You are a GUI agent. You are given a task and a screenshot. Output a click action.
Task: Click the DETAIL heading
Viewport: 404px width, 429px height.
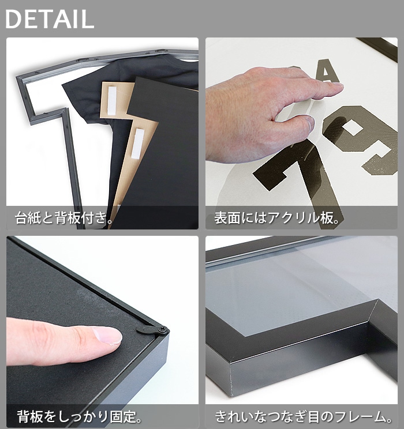point(49,19)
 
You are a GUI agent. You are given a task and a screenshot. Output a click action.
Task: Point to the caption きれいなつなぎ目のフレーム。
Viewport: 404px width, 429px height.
point(303,416)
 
